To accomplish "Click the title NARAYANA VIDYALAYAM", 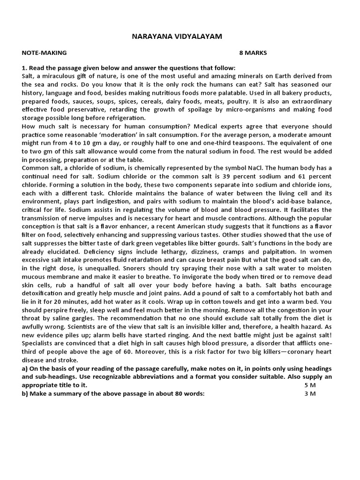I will (x=180, y=36).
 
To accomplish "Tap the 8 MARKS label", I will (x=253, y=53).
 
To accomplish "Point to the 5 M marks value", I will (x=310, y=385).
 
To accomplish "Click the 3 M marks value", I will (x=310, y=393).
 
